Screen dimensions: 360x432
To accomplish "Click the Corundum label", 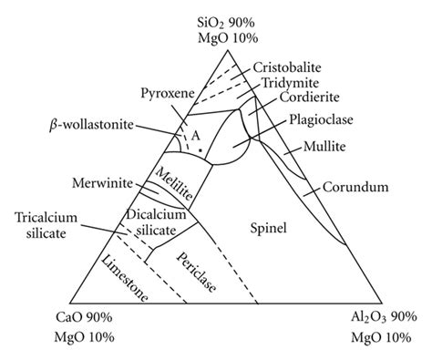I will tap(359, 188).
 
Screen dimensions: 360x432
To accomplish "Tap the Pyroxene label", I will tap(165, 95).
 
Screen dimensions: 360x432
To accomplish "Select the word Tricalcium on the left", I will tap(41, 219).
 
